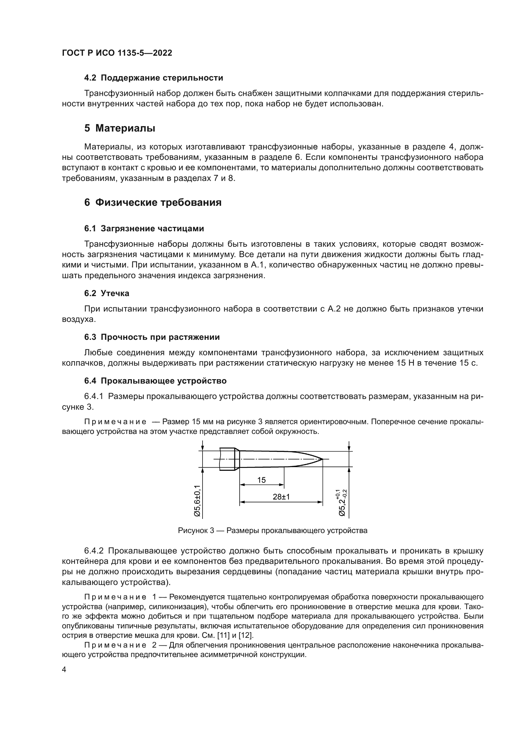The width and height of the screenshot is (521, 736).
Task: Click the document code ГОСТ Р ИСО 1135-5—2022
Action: click(x=117, y=53)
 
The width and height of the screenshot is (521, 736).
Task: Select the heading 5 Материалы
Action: click(x=120, y=128)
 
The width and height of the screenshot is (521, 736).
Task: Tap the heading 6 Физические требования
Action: click(x=153, y=203)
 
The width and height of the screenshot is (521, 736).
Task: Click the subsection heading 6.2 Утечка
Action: click(x=106, y=293)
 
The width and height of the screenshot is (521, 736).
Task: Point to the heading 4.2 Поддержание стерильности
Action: click(x=153, y=78)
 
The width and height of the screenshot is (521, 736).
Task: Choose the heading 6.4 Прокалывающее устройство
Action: click(x=155, y=381)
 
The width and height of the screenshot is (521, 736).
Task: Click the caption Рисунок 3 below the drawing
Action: click(x=272, y=531)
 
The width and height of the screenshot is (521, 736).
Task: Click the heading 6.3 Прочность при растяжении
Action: click(x=152, y=337)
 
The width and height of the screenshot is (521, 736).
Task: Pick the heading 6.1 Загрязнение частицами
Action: click(x=144, y=228)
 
